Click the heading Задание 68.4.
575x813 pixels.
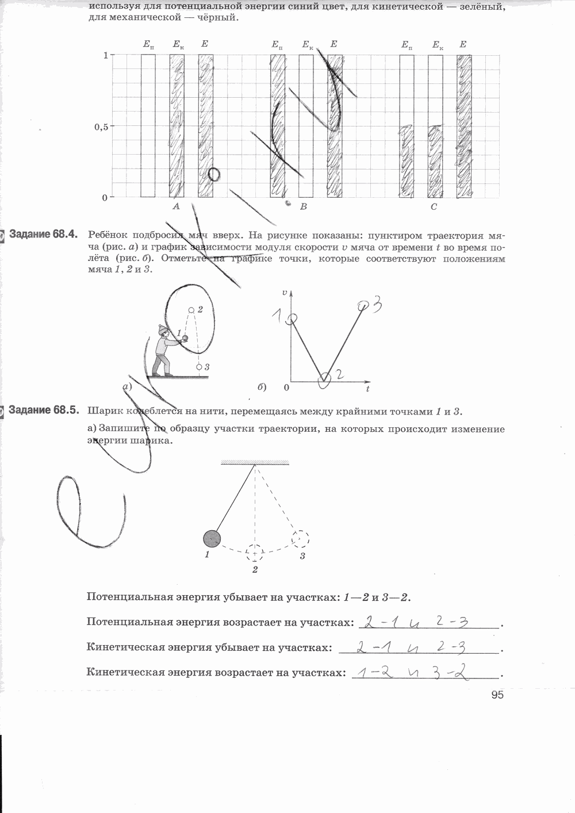tap(43, 235)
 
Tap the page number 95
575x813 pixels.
tap(497, 695)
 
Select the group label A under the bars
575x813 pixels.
tap(176, 206)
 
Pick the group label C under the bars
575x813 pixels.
tap(434, 206)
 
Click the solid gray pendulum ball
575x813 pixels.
tap(212, 538)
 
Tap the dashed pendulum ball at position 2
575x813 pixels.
tap(255, 553)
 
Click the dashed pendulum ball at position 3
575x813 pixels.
tap(300, 539)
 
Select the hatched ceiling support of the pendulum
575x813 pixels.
tap(255, 462)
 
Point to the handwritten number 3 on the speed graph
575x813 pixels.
tap(377, 304)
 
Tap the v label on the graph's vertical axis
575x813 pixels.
tap(285, 293)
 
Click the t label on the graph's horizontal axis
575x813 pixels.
tap(367, 390)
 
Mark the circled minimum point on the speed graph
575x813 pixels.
tap(324, 378)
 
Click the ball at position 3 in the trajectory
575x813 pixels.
tap(199, 367)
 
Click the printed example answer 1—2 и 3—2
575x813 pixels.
tap(377, 597)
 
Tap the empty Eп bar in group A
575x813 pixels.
tap(148, 126)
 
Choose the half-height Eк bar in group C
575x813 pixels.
tap(435, 162)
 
